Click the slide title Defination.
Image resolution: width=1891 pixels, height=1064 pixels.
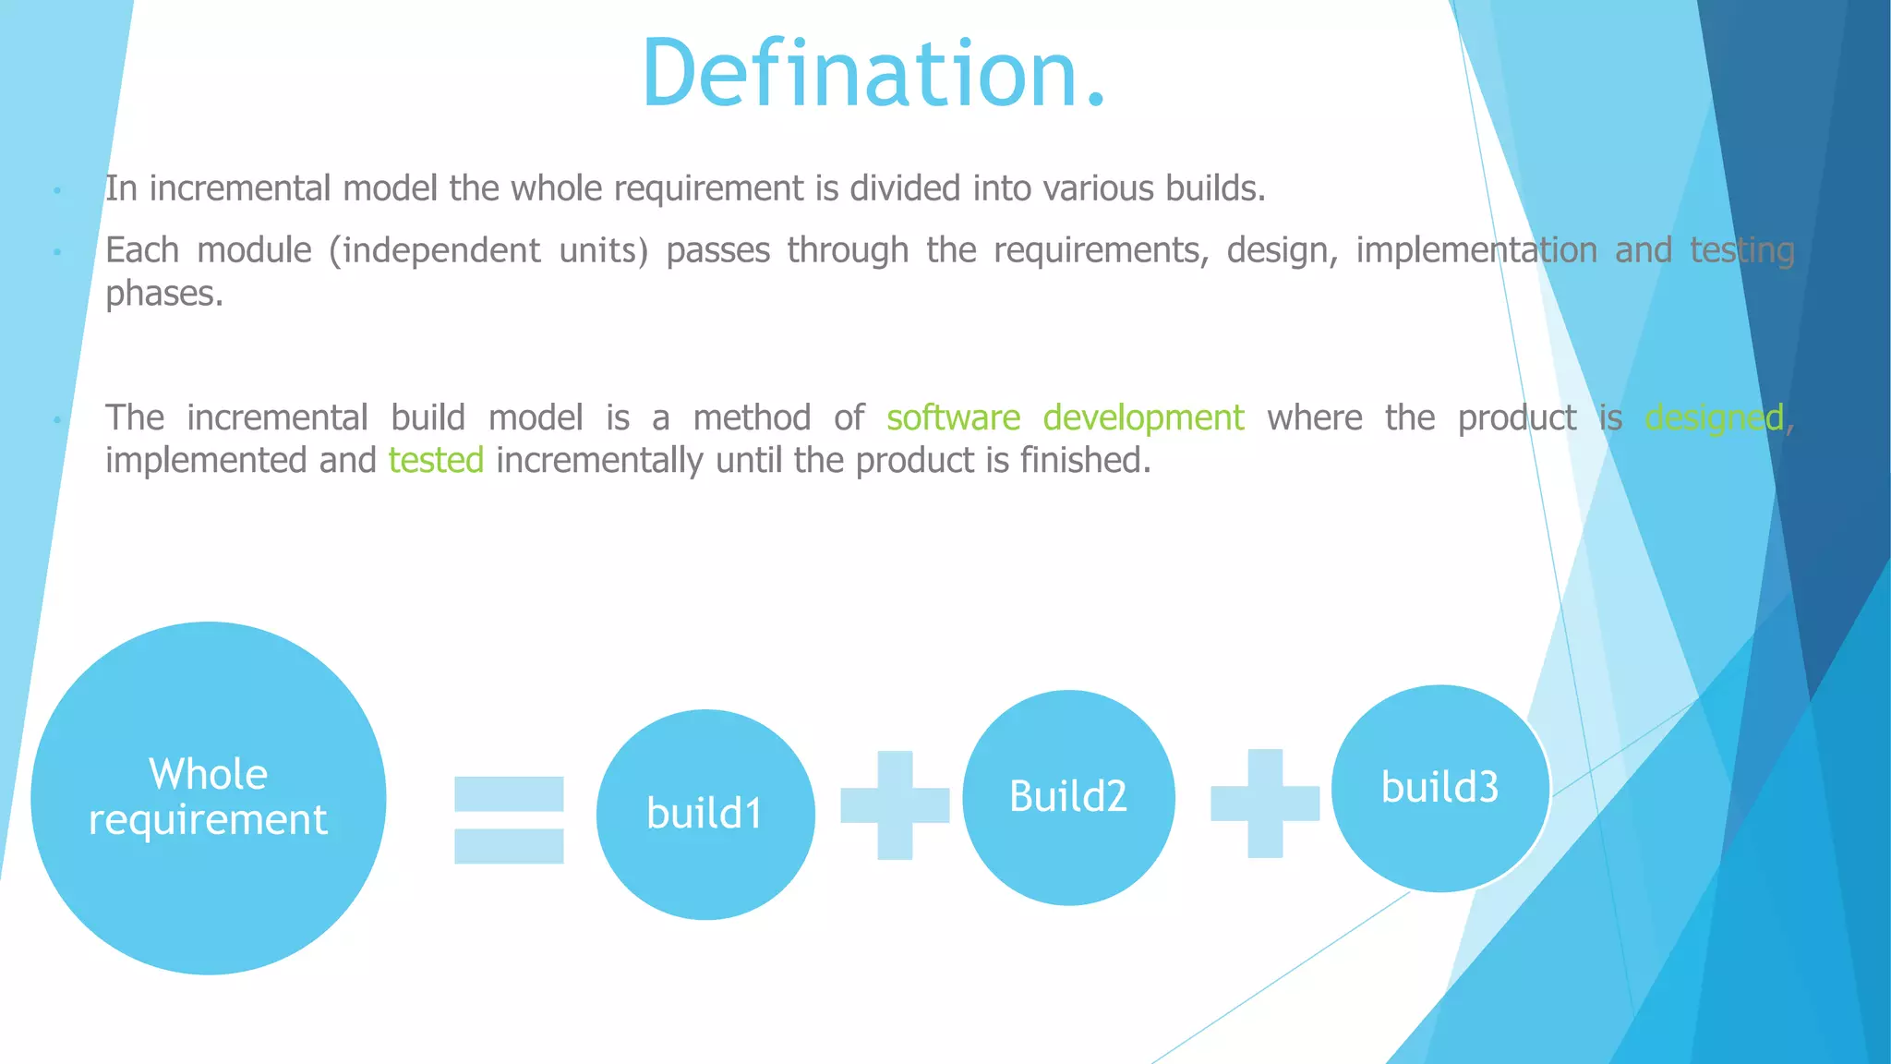point(873,74)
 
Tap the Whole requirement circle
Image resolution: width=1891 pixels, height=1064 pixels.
point(209,798)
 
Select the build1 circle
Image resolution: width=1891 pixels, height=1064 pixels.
point(705,815)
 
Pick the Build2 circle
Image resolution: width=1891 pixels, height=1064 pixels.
point(1068,797)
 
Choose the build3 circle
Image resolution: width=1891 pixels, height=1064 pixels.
point(1439,788)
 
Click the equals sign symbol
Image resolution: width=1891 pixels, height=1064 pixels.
point(509,820)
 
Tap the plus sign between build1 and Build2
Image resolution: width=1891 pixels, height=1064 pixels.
point(895,805)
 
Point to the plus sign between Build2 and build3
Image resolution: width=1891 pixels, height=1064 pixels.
point(1265,804)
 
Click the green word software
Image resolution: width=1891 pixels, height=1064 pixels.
point(953,418)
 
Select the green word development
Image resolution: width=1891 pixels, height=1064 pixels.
point(1143,418)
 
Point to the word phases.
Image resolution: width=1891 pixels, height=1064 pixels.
point(164,295)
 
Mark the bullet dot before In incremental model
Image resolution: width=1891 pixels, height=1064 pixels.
point(57,190)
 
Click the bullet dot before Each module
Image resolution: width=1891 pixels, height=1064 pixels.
point(57,251)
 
